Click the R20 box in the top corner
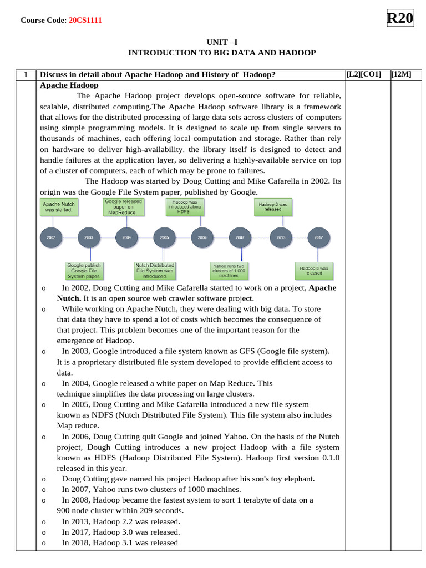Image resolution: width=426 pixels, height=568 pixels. coord(400,18)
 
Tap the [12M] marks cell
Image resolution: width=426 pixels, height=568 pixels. coord(401,74)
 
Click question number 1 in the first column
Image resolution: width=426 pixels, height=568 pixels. coord(26,74)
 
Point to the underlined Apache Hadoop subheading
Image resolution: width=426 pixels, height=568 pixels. coord(69,85)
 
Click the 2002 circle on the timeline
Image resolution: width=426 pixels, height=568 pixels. coord(51,237)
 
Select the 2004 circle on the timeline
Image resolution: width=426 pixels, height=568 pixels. coord(126,237)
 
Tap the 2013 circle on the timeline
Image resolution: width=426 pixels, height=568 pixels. coord(281,237)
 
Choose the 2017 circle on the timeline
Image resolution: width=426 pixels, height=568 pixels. coord(318,237)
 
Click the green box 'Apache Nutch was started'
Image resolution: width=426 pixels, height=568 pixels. coord(59,207)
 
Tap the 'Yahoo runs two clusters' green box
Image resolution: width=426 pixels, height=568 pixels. coord(229,270)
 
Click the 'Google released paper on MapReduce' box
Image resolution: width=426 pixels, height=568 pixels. coord(124,207)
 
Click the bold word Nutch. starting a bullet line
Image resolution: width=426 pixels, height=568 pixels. coord(69,298)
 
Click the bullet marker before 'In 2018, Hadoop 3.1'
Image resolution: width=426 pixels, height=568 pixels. coord(44,543)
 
